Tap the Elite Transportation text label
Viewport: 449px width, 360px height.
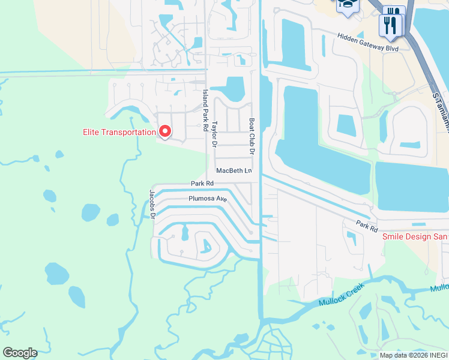(119, 132)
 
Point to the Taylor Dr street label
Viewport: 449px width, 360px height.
(214, 134)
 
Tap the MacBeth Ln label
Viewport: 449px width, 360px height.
(234, 171)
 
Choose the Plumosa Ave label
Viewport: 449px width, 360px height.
(207, 198)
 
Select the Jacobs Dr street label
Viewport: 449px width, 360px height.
(152, 204)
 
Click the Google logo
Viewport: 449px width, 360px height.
(20, 353)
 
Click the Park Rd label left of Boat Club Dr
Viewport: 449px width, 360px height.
(202, 184)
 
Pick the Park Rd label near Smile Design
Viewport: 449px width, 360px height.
(366, 226)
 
